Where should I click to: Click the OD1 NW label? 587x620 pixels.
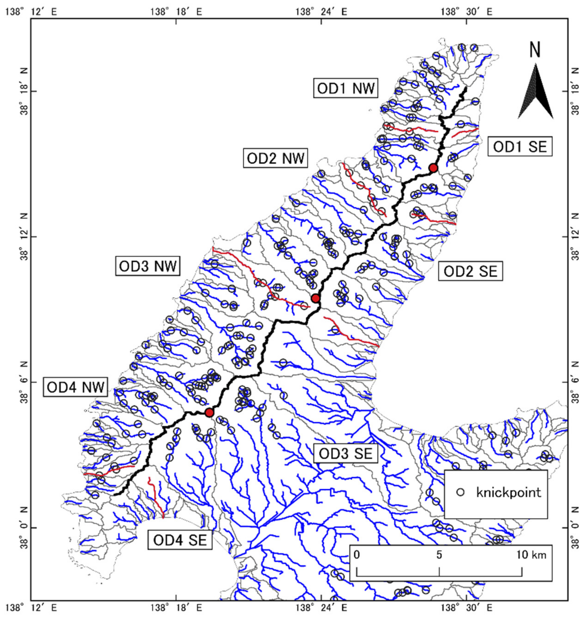[x=346, y=89]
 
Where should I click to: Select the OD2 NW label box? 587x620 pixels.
[x=275, y=158]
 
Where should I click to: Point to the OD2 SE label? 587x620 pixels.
[x=470, y=271]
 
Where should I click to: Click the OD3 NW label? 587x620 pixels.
[x=148, y=267]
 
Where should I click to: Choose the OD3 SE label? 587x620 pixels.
[x=346, y=454]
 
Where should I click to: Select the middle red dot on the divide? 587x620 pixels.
[x=315, y=298]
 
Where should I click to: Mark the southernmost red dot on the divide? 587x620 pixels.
[x=209, y=413]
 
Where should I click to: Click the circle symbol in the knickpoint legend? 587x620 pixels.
[x=460, y=492]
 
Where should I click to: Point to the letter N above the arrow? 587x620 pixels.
[x=535, y=50]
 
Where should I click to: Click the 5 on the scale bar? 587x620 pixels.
[x=439, y=555]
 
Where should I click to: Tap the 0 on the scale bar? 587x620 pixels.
[x=357, y=555]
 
